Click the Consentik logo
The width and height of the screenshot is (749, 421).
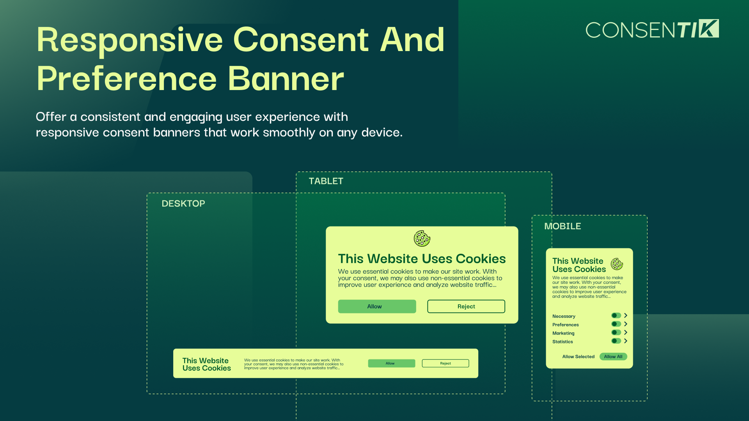(652, 29)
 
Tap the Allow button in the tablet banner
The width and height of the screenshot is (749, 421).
(377, 306)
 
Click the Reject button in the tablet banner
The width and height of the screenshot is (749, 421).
(466, 306)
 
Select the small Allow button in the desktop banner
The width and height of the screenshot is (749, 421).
(391, 363)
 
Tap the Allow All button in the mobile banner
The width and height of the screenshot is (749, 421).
(613, 357)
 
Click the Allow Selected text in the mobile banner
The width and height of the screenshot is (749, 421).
(578, 357)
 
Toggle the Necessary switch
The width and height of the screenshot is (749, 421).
(616, 315)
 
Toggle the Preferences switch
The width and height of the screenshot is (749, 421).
(616, 324)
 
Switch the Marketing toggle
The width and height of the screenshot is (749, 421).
(616, 333)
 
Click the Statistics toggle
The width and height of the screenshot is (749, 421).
(616, 341)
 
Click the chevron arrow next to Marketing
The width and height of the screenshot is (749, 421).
(626, 333)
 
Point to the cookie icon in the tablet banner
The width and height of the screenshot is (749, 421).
(422, 239)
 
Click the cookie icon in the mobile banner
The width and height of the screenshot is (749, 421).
(617, 264)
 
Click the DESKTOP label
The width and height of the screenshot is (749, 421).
(183, 203)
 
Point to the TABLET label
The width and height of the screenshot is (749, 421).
(326, 181)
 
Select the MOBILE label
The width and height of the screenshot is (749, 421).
(563, 226)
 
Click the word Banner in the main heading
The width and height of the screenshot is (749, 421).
(286, 79)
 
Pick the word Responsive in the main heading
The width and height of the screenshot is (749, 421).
(130, 41)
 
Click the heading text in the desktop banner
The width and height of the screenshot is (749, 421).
(207, 364)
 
